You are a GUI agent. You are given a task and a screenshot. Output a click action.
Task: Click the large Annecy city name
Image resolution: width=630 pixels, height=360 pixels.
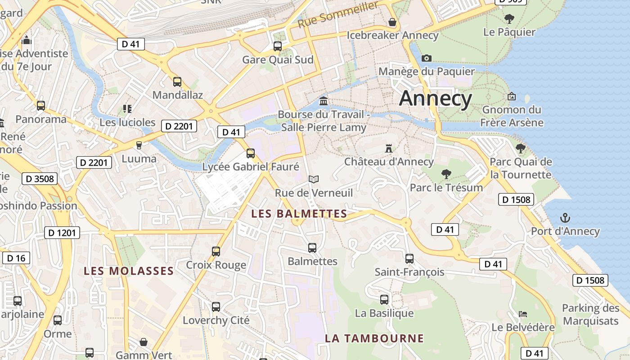(436, 98)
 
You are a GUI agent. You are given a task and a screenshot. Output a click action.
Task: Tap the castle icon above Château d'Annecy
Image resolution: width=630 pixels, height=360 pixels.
(389, 148)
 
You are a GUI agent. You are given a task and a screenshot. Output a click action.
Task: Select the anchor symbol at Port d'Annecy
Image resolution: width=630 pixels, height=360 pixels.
(565, 218)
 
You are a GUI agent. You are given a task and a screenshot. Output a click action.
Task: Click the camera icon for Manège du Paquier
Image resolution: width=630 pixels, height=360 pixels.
(427, 58)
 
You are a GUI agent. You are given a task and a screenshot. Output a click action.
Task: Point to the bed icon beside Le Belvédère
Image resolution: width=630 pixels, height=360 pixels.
(523, 314)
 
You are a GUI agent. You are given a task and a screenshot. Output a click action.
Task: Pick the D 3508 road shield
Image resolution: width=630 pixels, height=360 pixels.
(40, 179)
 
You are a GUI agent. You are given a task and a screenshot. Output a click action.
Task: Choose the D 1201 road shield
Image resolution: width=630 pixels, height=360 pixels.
(62, 233)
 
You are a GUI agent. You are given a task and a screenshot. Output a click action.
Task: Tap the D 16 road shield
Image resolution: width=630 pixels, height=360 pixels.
(16, 258)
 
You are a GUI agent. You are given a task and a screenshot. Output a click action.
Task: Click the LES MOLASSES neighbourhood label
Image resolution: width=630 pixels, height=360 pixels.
(129, 271)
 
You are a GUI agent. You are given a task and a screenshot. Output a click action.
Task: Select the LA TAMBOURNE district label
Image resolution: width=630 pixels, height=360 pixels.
(374, 338)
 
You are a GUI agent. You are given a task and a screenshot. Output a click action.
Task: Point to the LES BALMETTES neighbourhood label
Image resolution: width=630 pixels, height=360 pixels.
(299, 214)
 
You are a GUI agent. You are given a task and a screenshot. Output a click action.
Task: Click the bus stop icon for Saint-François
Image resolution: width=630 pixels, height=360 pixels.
(409, 259)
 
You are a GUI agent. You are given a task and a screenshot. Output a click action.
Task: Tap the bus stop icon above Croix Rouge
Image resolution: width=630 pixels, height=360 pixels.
(216, 251)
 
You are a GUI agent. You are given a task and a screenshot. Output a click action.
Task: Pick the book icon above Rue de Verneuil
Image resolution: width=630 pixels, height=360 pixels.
(314, 180)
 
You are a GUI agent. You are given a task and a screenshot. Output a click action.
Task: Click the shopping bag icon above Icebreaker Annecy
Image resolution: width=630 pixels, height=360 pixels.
(392, 22)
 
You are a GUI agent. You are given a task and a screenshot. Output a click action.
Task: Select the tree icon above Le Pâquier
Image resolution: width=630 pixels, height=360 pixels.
(509, 19)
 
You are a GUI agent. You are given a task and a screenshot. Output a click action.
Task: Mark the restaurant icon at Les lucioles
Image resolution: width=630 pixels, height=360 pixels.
(127, 108)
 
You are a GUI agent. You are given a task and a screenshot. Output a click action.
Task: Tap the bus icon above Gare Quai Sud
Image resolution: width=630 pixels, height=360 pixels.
(278, 46)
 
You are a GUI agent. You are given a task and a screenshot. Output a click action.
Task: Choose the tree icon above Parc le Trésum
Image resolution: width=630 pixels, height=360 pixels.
(446, 174)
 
